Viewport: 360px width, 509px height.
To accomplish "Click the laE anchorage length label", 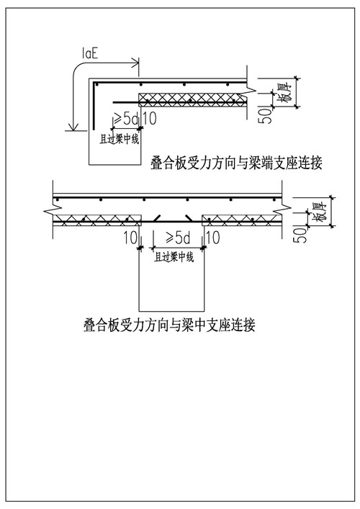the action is pyautogui.click(x=89, y=53).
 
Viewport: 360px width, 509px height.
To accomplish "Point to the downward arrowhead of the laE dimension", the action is pyautogui.click(x=74, y=127).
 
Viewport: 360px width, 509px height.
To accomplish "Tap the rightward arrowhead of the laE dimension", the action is pyautogui.click(x=135, y=63).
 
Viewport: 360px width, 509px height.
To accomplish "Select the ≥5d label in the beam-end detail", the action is pyautogui.click(x=125, y=119).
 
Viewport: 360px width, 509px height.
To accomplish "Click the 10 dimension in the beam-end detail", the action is pyautogui.click(x=149, y=119).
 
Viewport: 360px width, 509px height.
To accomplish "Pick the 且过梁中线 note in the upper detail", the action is pyautogui.click(x=120, y=140).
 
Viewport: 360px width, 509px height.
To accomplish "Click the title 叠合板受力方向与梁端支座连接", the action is pyautogui.click(x=236, y=163).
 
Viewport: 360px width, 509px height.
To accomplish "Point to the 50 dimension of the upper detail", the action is pyautogui.click(x=265, y=116).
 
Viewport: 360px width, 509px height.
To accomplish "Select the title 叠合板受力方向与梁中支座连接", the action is pyautogui.click(x=169, y=324).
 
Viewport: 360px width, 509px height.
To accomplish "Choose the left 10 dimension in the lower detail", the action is pyautogui.click(x=130, y=238).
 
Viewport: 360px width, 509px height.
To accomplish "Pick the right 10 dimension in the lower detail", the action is pyautogui.click(x=213, y=238).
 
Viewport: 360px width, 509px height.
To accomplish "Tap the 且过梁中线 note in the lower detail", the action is pyautogui.click(x=174, y=257).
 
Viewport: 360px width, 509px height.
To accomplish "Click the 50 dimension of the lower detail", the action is pyautogui.click(x=300, y=235).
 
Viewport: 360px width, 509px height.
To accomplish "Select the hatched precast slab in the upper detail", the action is pyautogui.click(x=192, y=100).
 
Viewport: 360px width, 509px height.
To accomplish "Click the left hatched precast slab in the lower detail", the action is pyautogui.click(x=97, y=220).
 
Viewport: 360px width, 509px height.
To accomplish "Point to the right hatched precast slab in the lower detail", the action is pyautogui.click(x=241, y=220).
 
